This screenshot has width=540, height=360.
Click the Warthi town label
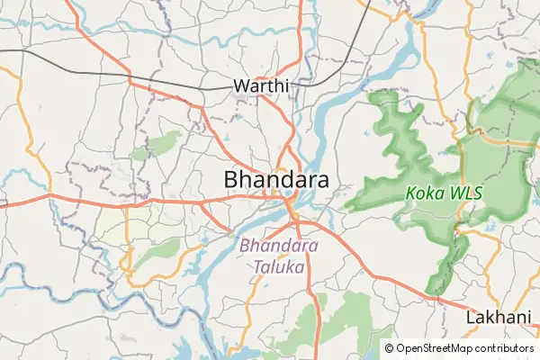click(x=261, y=86)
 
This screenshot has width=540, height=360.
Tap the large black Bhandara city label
click(x=276, y=180)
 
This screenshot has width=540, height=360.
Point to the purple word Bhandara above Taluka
click(x=279, y=246)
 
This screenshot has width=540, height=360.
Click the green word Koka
click(x=422, y=193)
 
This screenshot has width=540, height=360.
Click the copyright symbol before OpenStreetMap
click(x=389, y=347)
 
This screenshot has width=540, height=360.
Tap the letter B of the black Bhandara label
click(x=232, y=180)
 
